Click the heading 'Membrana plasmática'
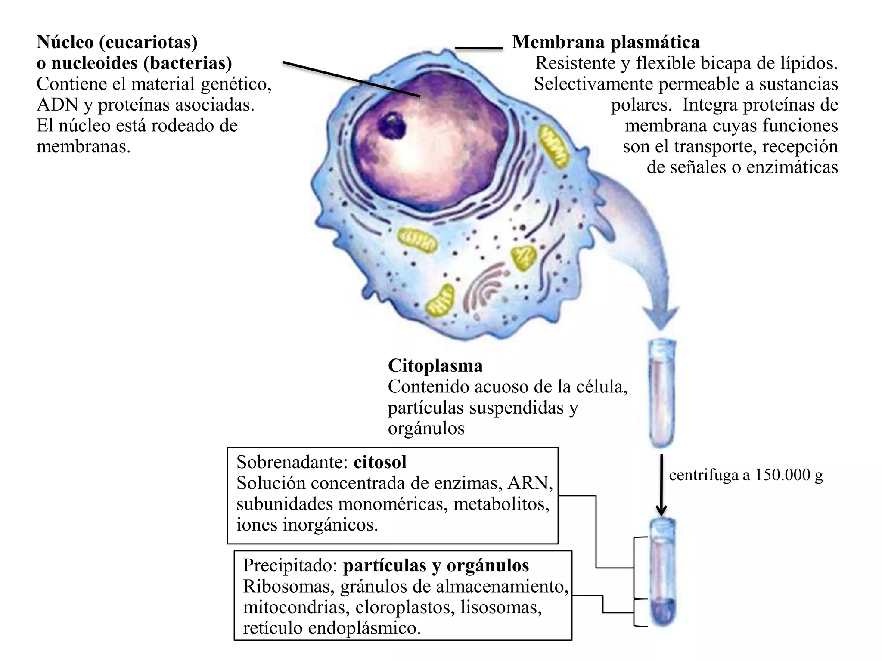(x=606, y=42)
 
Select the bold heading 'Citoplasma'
(x=435, y=366)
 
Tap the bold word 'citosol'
(x=380, y=462)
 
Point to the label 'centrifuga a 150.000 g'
(x=746, y=475)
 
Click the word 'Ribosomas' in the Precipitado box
(x=288, y=587)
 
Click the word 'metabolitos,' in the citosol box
(x=501, y=504)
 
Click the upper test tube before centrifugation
(x=662, y=392)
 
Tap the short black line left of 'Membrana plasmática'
(x=479, y=48)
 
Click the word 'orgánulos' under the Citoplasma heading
(x=426, y=429)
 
